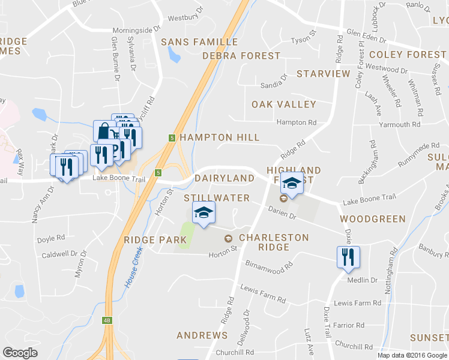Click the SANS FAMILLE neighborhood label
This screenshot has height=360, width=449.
(x=200, y=42)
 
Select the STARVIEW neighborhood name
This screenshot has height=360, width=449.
(x=323, y=73)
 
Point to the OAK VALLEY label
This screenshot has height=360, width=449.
(x=283, y=104)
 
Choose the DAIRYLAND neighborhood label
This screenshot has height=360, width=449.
(x=224, y=178)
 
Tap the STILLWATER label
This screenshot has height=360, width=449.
(x=217, y=197)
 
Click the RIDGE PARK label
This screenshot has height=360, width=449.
(x=155, y=240)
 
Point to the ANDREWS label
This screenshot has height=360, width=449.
(x=202, y=335)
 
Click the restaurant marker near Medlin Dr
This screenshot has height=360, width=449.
(x=348, y=257)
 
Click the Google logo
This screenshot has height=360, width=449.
(x=20, y=353)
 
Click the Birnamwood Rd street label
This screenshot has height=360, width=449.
(x=269, y=264)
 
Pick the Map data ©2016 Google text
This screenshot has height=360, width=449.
(x=412, y=355)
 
